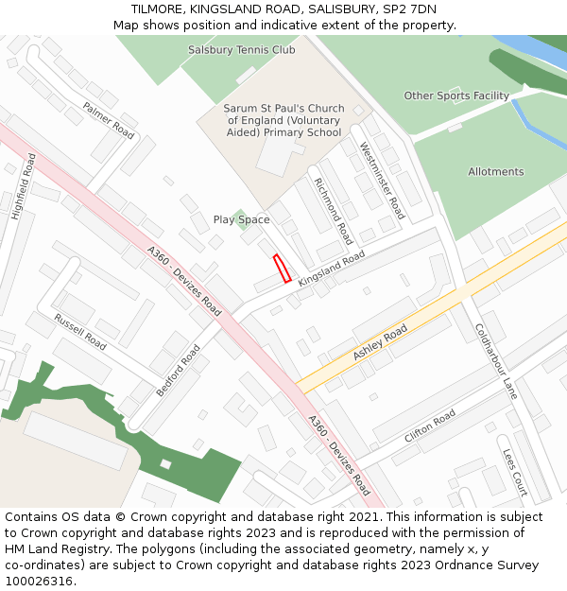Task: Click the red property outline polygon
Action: tap(282, 269)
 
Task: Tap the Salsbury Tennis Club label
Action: tap(241, 50)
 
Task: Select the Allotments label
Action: tap(495, 172)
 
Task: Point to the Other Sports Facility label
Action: tap(456, 96)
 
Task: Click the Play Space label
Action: tap(241, 219)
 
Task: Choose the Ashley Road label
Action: tap(380, 342)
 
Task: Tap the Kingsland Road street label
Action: tap(331, 270)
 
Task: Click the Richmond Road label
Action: tap(333, 211)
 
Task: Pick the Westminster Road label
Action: tap(382, 181)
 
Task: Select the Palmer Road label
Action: tap(109, 120)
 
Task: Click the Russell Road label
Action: tap(79, 331)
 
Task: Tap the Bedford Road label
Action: tap(179, 370)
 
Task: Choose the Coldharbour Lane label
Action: tap(496, 361)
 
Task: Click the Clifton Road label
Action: tap(430, 426)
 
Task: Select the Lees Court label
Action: tap(515, 472)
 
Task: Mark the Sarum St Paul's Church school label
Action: tap(283, 120)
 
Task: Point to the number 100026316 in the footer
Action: tap(39, 581)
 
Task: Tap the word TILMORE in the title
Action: tap(156, 9)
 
